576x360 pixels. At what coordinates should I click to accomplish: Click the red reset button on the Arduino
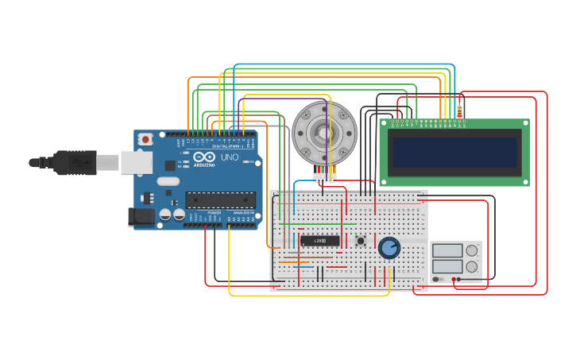pyautogui.click(x=145, y=139)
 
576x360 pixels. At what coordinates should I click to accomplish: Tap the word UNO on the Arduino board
pyautogui.click(x=230, y=157)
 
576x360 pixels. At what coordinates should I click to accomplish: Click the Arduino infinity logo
pyautogui.click(x=204, y=157)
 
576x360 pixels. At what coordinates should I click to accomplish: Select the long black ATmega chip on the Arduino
pyautogui.click(x=220, y=199)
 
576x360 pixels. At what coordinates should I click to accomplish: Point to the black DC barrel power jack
pyautogui.click(x=141, y=216)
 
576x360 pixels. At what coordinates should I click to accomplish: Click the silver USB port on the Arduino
pyautogui.click(x=136, y=163)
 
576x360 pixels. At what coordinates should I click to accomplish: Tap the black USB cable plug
pyautogui.click(x=75, y=162)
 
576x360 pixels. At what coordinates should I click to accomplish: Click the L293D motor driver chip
pyautogui.click(x=320, y=241)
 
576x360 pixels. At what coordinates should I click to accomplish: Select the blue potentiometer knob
pyautogui.click(x=389, y=248)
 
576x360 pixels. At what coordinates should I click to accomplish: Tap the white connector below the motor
pyautogui.click(x=324, y=177)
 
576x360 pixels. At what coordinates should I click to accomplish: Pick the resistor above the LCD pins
pyautogui.click(x=459, y=111)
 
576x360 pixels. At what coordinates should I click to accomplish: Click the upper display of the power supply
pyautogui.click(x=447, y=251)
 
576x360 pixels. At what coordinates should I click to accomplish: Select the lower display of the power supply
pyautogui.click(x=447, y=266)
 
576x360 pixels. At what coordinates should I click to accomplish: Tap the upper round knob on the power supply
pyautogui.click(x=472, y=250)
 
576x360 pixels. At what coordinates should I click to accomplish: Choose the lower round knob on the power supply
pyautogui.click(x=472, y=266)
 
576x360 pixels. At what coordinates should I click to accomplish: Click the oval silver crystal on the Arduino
pyautogui.click(x=168, y=180)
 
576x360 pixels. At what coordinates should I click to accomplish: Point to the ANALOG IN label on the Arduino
pyautogui.click(x=244, y=213)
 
